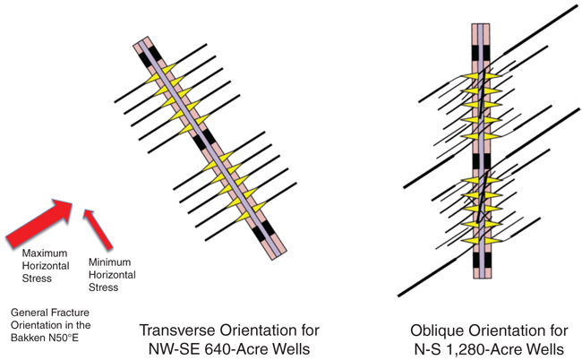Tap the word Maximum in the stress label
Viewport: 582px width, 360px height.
[42, 254]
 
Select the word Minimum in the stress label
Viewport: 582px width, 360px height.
[109, 262]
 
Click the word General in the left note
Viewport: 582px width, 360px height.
[29, 311]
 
